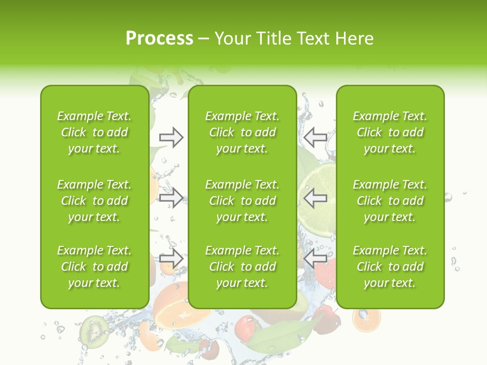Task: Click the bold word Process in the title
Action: coord(159,39)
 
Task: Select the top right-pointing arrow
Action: coord(171,137)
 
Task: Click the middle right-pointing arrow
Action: coord(171,198)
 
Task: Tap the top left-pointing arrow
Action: coord(316,137)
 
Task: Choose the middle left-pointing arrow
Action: coord(316,198)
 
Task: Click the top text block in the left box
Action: coord(94,132)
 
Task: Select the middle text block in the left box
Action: coord(94,201)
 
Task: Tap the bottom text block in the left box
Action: coord(94,267)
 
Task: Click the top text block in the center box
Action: coord(242,132)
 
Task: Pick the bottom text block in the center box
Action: coord(242,267)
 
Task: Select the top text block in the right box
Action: coord(390,132)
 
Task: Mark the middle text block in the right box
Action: coord(390,201)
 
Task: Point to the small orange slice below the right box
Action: coord(366,319)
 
